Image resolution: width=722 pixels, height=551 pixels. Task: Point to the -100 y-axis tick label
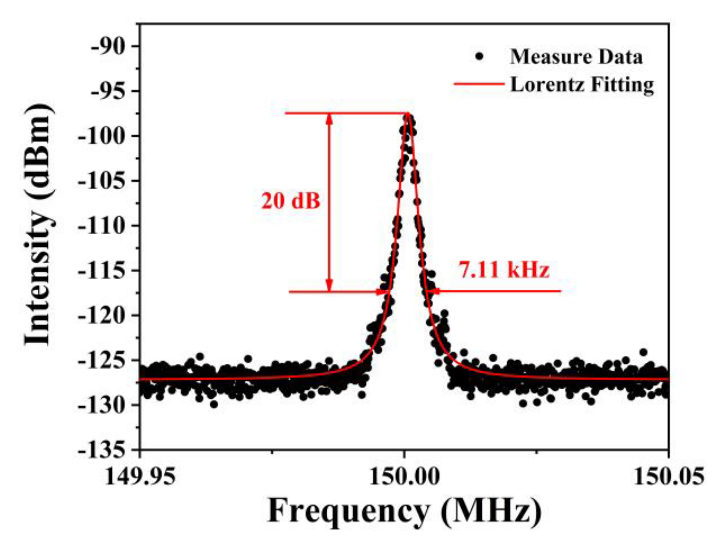pos(102,136)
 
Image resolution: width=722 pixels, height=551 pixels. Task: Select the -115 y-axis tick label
pos(102,271)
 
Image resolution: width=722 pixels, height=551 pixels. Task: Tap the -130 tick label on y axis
pos(102,405)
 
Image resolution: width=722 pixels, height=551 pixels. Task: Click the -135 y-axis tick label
pos(102,450)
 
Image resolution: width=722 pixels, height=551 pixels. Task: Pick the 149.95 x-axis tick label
pos(140,477)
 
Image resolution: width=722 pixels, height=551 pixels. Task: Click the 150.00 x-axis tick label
pos(404,477)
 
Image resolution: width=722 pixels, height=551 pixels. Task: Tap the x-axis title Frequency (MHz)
pos(404,511)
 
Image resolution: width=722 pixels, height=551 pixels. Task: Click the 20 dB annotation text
pos(291,201)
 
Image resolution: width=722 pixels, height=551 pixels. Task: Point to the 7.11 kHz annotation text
pos(504,270)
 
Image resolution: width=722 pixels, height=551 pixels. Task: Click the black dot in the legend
pos(479,57)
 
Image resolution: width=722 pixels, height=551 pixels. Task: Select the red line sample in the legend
pos(479,84)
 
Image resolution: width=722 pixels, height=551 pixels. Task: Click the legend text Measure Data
pos(576,57)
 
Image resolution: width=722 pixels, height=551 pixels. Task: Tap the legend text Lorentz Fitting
pos(582,84)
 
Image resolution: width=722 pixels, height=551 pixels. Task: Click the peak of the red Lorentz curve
pos(408,114)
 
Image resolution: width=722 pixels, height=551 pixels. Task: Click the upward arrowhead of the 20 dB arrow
pos(329,118)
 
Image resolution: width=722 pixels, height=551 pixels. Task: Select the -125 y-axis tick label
pos(102,360)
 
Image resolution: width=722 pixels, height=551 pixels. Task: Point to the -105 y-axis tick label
pos(102,181)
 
